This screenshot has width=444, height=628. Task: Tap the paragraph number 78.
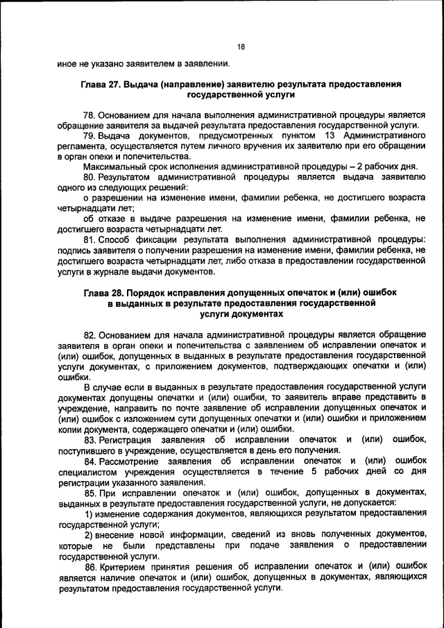89,114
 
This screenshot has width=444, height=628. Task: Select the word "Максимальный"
112,167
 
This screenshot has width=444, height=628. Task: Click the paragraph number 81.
89,239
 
